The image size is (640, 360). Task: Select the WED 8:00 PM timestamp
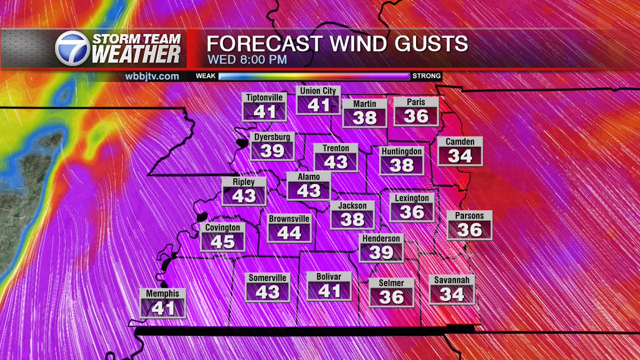(247, 59)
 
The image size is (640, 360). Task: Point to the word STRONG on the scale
(427, 76)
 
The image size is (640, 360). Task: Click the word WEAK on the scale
(205, 76)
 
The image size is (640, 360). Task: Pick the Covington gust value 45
(223, 242)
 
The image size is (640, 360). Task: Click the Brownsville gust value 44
(289, 233)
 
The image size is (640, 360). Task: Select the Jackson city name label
(353, 206)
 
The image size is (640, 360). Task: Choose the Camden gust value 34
(460, 156)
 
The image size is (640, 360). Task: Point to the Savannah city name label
(452, 280)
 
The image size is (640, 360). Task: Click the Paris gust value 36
(416, 116)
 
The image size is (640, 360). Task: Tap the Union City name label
(318, 91)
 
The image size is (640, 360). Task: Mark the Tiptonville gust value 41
(265, 112)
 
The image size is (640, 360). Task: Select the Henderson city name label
(381, 239)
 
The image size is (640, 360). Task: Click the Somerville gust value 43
(268, 292)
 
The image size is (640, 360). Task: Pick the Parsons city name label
(469, 216)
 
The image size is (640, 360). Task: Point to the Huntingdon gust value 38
(402, 165)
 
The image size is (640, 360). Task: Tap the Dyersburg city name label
(271, 137)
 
